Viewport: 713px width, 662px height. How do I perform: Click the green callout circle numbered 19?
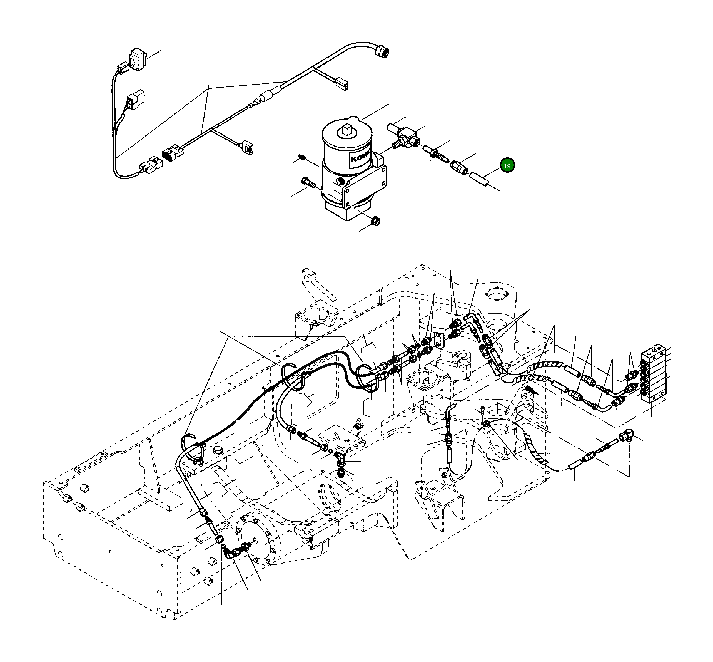507,166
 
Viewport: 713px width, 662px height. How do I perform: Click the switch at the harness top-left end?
137,59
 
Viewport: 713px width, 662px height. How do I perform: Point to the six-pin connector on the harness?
173,153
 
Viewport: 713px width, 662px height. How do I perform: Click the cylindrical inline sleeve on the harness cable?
267,97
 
